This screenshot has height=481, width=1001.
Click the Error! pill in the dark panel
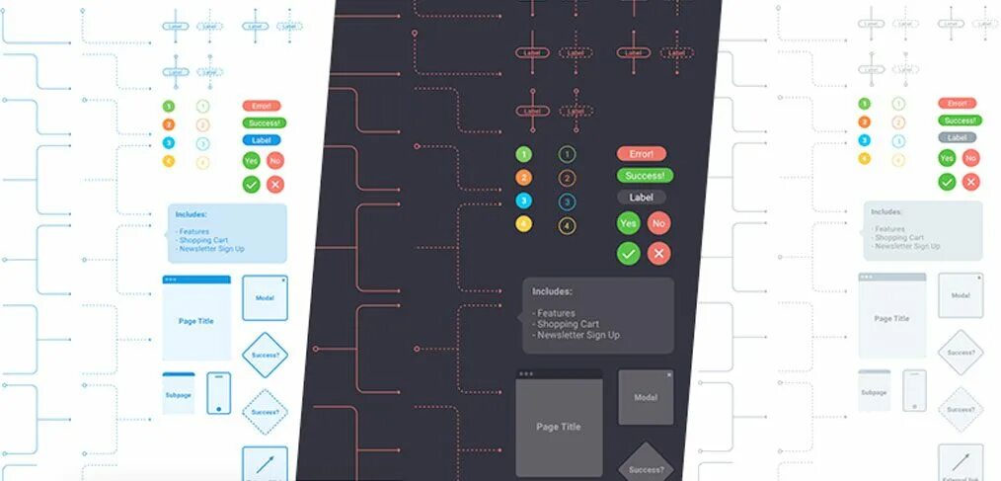[642, 154]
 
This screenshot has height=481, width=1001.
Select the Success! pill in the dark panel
[645, 176]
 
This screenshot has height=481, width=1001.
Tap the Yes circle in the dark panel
[628, 224]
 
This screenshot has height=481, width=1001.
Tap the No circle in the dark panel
[659, 224]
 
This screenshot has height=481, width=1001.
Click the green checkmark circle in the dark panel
[628, 254]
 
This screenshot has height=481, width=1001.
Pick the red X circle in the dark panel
[659, 254]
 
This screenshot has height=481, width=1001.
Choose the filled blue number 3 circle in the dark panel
[524, 201]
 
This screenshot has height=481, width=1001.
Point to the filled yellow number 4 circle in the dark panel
[524, 225]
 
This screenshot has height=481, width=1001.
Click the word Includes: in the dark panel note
[553, 291]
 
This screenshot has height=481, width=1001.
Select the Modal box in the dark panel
[646, 397]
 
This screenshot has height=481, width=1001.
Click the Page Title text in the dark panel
[559, 427]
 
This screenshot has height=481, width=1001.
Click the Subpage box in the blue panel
[179, 393]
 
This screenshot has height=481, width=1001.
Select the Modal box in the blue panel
[265, 298]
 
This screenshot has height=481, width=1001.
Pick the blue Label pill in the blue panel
[262, 140]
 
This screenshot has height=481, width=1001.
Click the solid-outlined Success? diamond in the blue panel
[265, 354]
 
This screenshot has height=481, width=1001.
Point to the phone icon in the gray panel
[915, 391]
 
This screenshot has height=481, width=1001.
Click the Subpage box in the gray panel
[874, 391]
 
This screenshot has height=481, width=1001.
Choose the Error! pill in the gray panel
[956, 104]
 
